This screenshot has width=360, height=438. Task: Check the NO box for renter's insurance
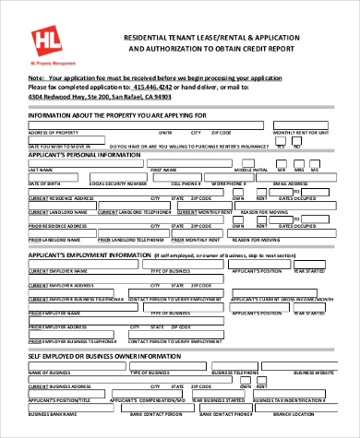[297, 144]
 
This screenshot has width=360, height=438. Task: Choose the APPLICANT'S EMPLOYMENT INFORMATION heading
[88, 254]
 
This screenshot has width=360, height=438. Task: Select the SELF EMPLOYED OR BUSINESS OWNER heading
[91, 356]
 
